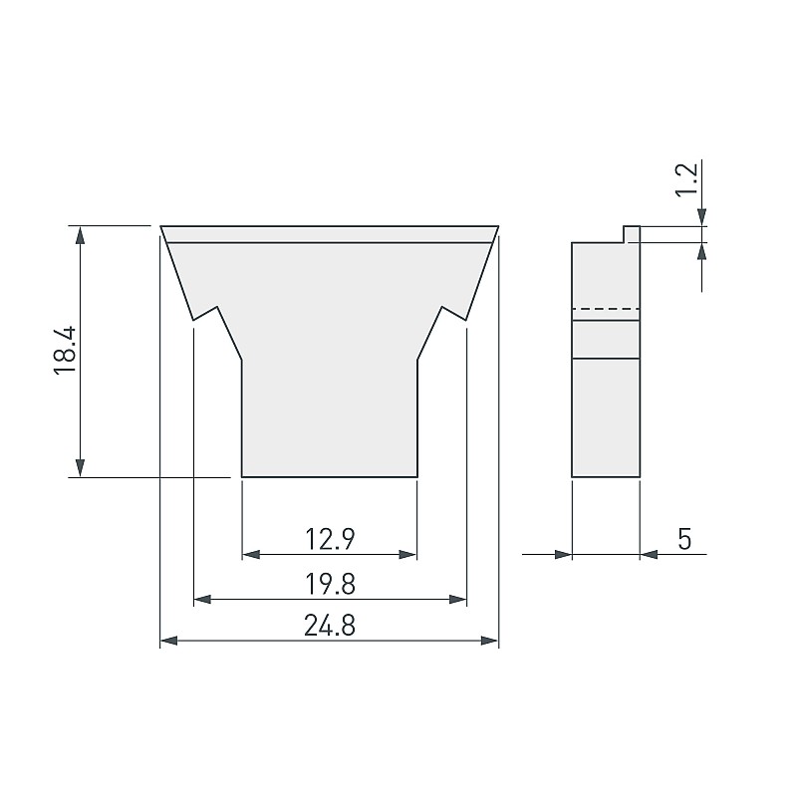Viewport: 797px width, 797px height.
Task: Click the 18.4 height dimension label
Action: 66,351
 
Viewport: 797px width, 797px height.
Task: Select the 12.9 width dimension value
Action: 330,539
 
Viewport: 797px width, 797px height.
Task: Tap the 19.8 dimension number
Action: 330,584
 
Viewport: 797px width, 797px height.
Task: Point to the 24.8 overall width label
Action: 330,626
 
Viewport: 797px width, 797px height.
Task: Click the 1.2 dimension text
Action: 686,179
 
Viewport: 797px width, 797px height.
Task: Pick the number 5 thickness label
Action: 684,539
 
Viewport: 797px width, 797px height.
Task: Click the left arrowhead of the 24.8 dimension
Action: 168,641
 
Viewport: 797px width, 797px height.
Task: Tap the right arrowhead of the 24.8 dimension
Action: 489,641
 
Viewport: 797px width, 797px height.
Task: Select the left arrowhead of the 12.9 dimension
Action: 251,554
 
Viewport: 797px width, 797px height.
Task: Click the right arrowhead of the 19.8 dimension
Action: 458,600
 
